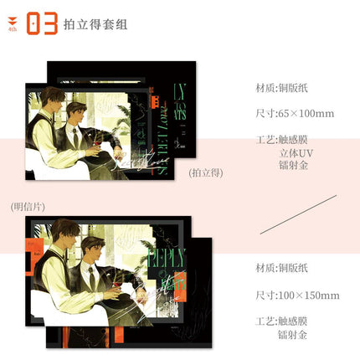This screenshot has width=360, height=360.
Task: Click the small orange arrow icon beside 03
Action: [12, 23]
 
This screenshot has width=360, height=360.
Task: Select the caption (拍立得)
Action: [205, 172]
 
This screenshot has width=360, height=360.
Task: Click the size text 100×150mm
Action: [298, 295]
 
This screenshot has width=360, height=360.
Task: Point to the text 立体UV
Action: [298, 154]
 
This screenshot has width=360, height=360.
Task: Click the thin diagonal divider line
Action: [298, 214]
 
